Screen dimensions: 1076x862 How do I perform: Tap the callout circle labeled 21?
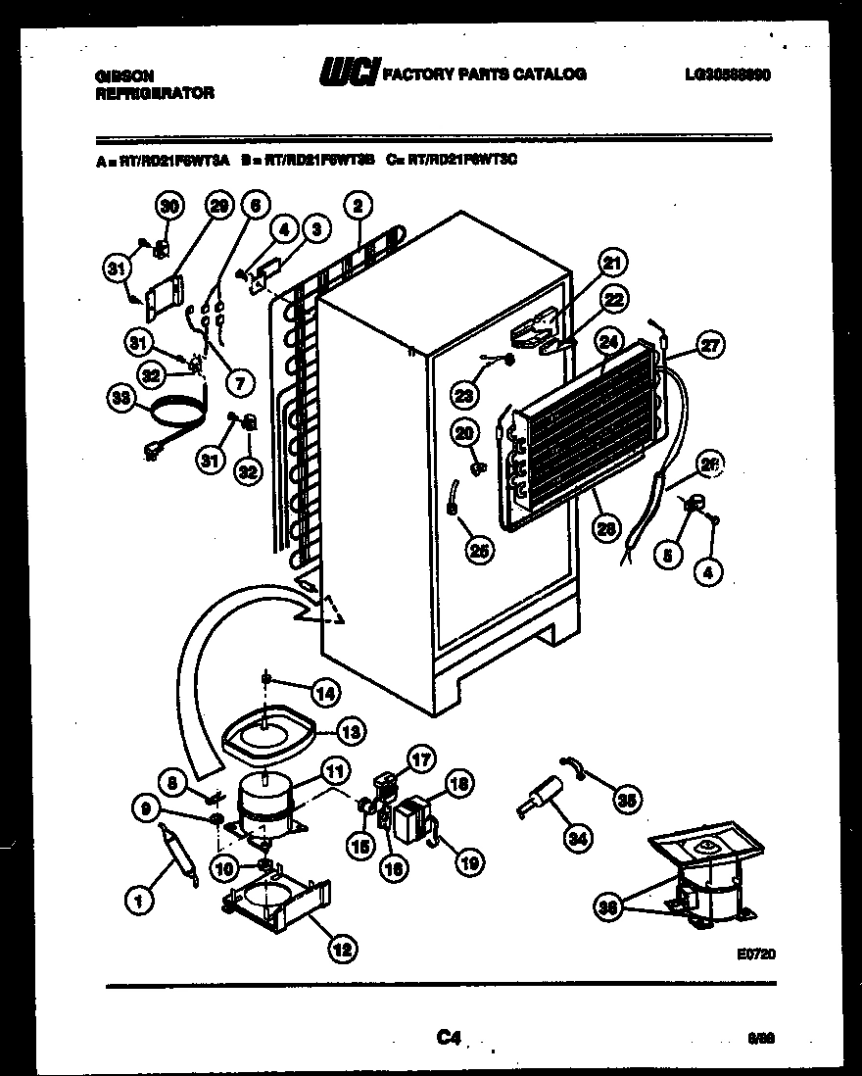pyautogui.click(x=612, y=263)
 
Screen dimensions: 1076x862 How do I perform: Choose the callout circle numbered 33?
pyautogui.click(x=120, y=398)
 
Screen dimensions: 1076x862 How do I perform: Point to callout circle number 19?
pyautogui.click(x=468, y=862)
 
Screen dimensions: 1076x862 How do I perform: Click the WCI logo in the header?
pyautogui.click(x=347, y=73)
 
